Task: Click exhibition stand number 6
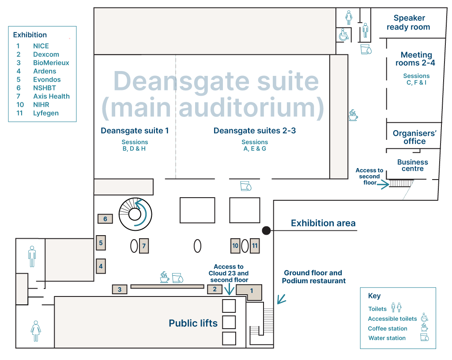click(105, 219)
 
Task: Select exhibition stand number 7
click(144, 246)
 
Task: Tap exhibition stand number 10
click(235, 246)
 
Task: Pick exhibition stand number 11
click(255, 246)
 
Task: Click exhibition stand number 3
click(120, 289)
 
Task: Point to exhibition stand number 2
click(215, 289)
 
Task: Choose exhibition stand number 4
click(101, 266)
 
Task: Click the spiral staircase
click(135, 214)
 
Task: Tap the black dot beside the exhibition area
click(266, 230)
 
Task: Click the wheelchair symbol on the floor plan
click(343, 35)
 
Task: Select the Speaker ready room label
click(408, 22)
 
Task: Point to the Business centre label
click(413, 165)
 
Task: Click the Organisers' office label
click(414, 137)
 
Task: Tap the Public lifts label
click(193, 323)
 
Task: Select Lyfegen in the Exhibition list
click(46, 113)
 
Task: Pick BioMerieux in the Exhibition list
click(51, 63)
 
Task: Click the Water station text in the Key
click(387, 338)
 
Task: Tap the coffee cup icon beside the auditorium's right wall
click(353, 115)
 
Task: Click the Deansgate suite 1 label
click(135, 131)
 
